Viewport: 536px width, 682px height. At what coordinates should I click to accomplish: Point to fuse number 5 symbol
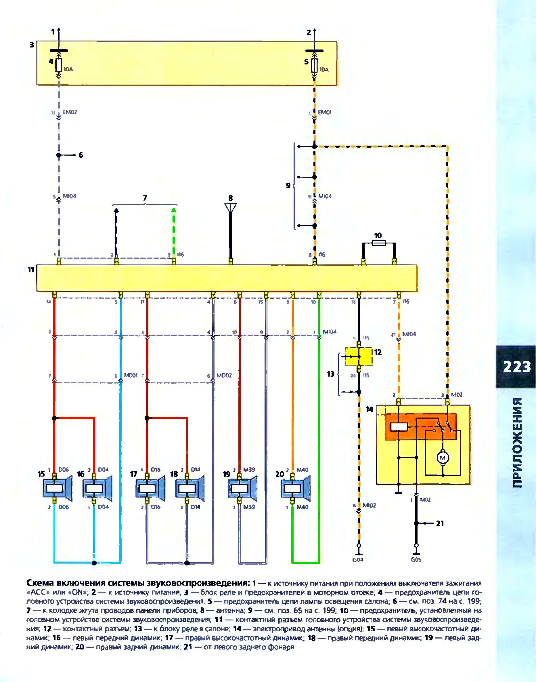[315, 66]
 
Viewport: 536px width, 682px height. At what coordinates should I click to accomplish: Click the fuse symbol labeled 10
[379, 243]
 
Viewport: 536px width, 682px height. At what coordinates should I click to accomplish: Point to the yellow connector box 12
[358, 356]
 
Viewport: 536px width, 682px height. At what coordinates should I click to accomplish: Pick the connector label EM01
[325, 112]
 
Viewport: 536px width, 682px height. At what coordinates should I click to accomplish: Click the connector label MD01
[131, 375]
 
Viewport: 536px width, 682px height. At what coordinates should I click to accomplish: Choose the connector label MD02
[224, 375]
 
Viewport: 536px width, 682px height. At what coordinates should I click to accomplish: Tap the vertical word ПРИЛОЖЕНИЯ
[517, 443]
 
